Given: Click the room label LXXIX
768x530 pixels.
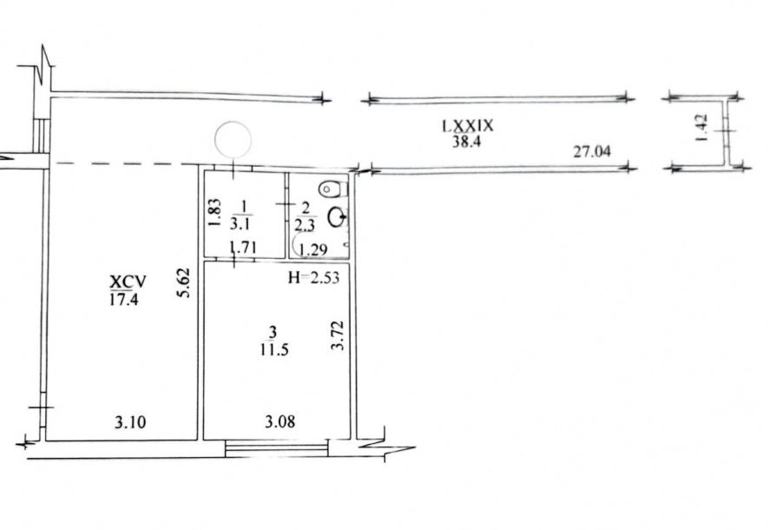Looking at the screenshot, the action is [468, 126].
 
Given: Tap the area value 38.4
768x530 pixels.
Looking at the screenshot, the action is [467, 142].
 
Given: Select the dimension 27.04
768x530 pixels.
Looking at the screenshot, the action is [592, 151].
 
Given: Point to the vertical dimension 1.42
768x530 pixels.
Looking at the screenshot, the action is [701, 128].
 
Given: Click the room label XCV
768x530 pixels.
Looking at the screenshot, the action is [128, 282].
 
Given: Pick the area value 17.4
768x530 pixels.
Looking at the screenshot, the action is [123, 299].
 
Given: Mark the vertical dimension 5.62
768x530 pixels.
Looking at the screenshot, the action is [184, 283].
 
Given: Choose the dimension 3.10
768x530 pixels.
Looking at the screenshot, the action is [130, 421].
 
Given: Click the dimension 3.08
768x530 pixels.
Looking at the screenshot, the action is [280, 421].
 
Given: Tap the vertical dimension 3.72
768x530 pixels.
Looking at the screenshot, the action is [338, 335].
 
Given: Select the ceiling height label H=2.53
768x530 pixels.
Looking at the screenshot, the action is [313, 278].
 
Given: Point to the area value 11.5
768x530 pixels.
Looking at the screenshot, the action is [274, 349].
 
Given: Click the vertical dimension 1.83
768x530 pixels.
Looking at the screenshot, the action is [215, 212].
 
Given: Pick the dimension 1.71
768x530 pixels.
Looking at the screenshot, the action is [244, 248].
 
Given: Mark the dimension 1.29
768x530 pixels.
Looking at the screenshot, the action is [312, 250].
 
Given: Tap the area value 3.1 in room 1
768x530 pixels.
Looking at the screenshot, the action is [241, 224].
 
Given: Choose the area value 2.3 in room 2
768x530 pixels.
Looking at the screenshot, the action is [305, 225].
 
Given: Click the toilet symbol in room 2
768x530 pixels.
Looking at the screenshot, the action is [332, 189].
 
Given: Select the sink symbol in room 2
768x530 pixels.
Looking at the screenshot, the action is [338, 216].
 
